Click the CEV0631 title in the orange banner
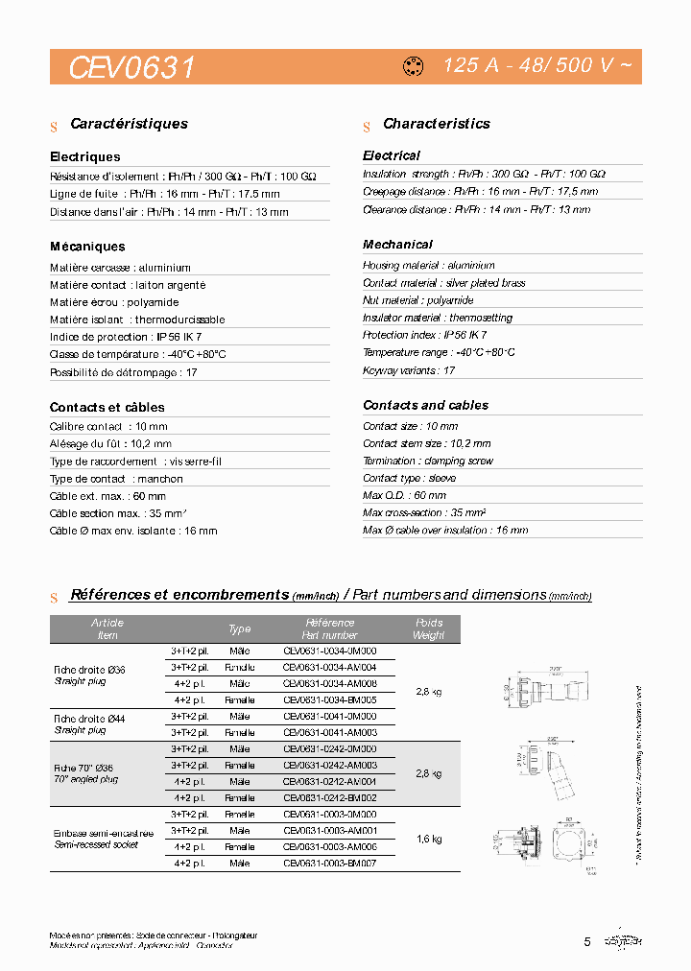pos(132,67)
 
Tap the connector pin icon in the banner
pos(414,67)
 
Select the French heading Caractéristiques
pos(129,124)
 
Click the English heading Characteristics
pos(436,124)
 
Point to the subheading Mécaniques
pos(87,247)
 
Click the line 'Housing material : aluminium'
pos(428,265)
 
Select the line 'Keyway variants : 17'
pos(409,369)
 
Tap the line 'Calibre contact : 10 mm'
pos(108,426)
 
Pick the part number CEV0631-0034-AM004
pos(329,667)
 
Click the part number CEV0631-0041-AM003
pos(329,732)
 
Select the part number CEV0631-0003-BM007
pos(329,864)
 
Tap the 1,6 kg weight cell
pos(429,839)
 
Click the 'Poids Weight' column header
pos(429,629)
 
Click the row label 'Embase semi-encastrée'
pos(104,833)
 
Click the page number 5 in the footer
pos(587,941)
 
